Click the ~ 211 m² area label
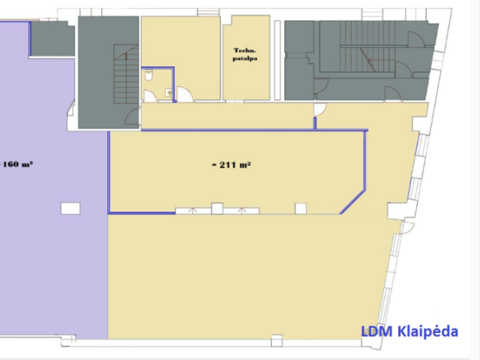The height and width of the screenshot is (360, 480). click(232, 165)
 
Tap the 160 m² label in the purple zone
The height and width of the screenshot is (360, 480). click(18, 164)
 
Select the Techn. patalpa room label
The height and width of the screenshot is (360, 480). click(245, 54)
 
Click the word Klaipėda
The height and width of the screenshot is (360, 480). click(428, 331)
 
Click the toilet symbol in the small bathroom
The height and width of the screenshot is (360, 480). click(148, 75)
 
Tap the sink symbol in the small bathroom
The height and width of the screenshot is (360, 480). click(169, 92)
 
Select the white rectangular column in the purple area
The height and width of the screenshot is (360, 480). click(70, 208)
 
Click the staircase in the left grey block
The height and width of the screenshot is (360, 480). click(126, 74)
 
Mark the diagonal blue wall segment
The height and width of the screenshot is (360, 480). click(352, 202)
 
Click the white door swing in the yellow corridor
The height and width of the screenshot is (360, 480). click(320, 109)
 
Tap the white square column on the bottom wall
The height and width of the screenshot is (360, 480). click(277, 340)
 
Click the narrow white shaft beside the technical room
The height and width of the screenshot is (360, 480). click(277, 60)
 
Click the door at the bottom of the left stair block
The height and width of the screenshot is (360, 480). click(133, 117)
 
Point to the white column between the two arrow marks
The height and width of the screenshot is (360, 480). click(217, 208)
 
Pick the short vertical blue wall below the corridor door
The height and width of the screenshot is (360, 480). click(315, 123)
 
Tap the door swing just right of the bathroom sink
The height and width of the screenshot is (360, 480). click(184, 94)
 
